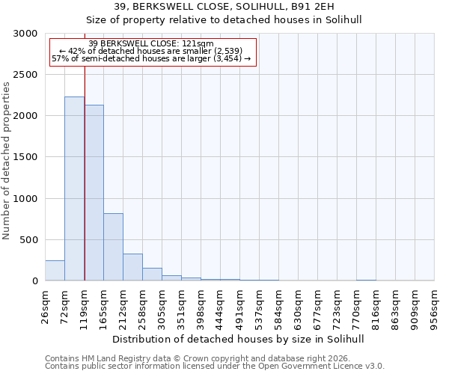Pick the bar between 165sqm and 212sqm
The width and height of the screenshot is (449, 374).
tap(113, 247)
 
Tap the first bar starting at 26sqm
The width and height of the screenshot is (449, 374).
tap(55, 271)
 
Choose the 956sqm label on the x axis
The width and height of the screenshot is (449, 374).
tap(435, 307)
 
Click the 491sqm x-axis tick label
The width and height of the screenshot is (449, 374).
tap(240, 307)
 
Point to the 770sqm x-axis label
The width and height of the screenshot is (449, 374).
tap(357, 307)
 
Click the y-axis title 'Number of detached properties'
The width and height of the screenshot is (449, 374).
tap(7, 161)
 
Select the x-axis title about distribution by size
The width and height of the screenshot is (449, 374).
tap(239, 339)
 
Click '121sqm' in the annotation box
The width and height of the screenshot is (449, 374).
tap(201, 44)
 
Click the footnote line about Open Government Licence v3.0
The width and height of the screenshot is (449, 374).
tap(215, 367)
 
